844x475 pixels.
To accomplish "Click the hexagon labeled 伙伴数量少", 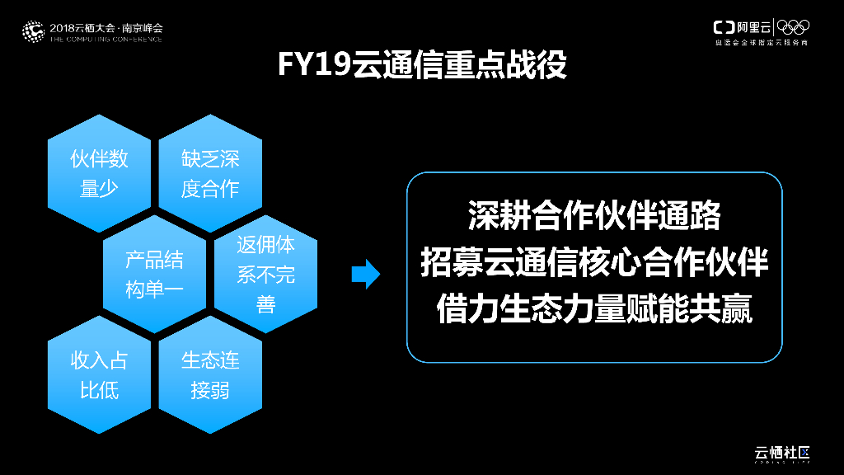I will pyautogui.click(x=99, y=173).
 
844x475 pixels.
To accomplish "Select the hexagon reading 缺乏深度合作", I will pyautogui.click(x=210, y=173).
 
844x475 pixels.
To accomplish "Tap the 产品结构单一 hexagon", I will pyautogui.click(x=154, y=275).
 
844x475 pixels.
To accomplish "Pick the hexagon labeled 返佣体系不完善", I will pyautogui.click(x=265, y=275).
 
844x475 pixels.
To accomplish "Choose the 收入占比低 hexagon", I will pyautogui.click(x=99, y=375).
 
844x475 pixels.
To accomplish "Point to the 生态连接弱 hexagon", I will pyautogui.click(x=210, y=375).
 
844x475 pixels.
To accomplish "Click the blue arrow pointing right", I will pyautogui.click(x=365, y=275).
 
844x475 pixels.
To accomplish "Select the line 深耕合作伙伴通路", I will pyautogui.click(x=593, y=216).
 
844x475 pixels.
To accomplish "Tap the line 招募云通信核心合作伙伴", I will pyautogui.click(x=593, y=264).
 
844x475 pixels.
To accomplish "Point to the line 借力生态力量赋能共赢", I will pyautogui.click(x=593, y=311).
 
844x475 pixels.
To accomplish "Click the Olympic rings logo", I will pyautogui.click(x=794, y=27).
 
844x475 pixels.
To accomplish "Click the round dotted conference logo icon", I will pyautogui.click(x=33, y=31).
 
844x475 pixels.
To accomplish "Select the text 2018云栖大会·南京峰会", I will pyautogui.click(x=106, y=27).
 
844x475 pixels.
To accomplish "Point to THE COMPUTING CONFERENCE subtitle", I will pyautogui.click(x=106, y=39).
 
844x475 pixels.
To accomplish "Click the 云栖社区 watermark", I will pyautogui.click(x=782, y=453).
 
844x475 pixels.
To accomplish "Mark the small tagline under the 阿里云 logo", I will pyautogui.click(x=761, y=42).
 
